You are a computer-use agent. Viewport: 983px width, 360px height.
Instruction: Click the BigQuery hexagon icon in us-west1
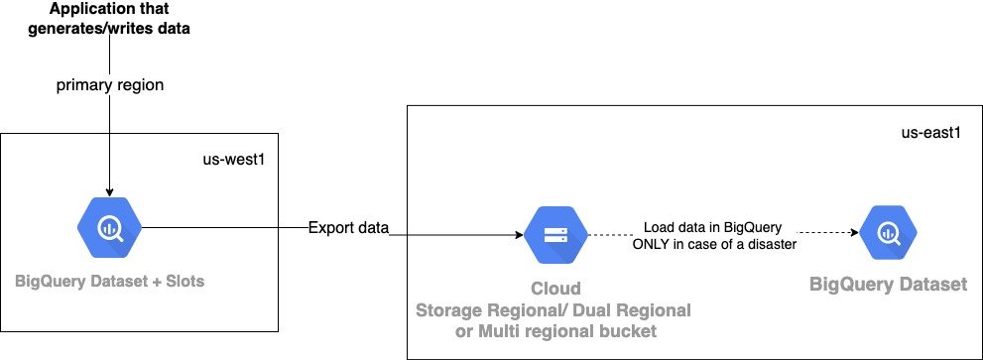tap(110, 227)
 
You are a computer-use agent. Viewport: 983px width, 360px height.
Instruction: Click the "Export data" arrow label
tap(347, 228)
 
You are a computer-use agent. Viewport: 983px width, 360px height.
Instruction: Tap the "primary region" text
tap(109, 85)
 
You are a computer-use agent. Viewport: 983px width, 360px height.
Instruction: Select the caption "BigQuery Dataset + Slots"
tap(110, 282)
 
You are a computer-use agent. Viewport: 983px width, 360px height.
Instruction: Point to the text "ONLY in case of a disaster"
tap(713, 244)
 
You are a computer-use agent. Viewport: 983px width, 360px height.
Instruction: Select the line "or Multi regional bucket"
tap(556, 329)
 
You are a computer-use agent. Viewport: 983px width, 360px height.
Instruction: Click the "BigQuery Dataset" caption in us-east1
tap(888, 285)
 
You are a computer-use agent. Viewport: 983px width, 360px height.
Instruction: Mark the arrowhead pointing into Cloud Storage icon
tap(519, 236)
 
